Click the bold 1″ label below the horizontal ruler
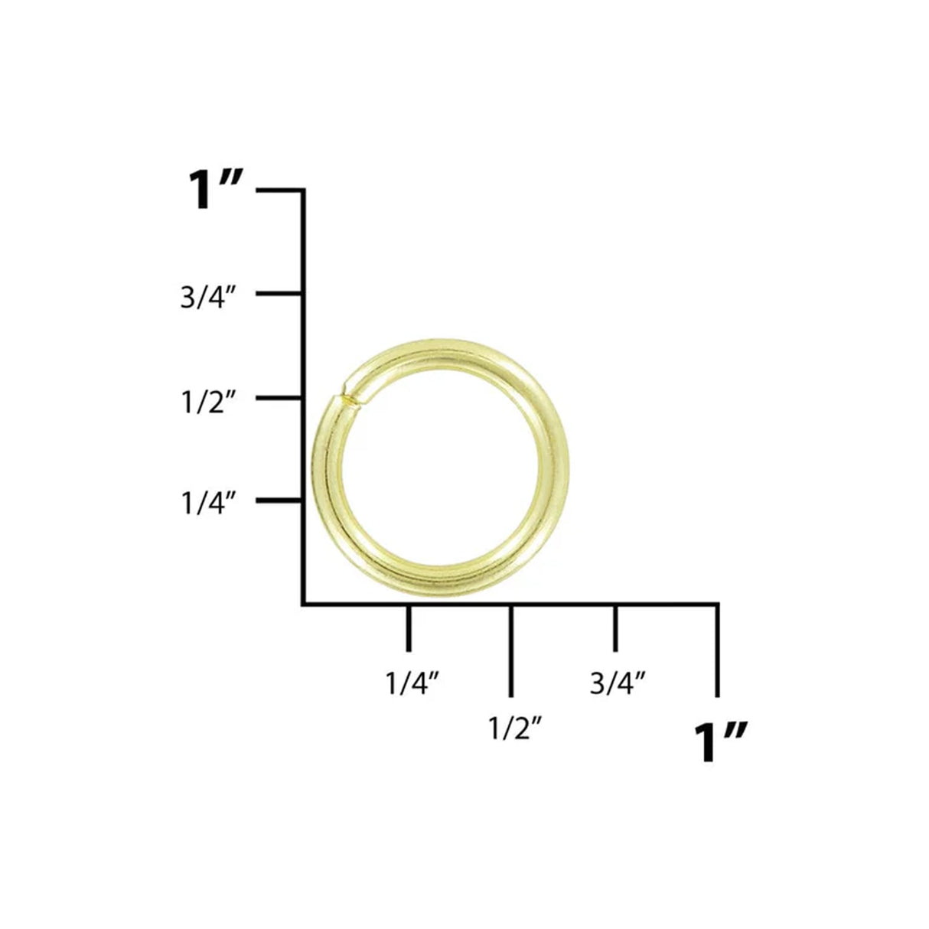tap(719, 742)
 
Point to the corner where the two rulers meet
tap(304, 604)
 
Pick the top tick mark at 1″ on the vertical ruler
tap(280, 190)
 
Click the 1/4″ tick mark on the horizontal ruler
tap(408, 627)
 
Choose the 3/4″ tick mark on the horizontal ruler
tap(614, 627)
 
